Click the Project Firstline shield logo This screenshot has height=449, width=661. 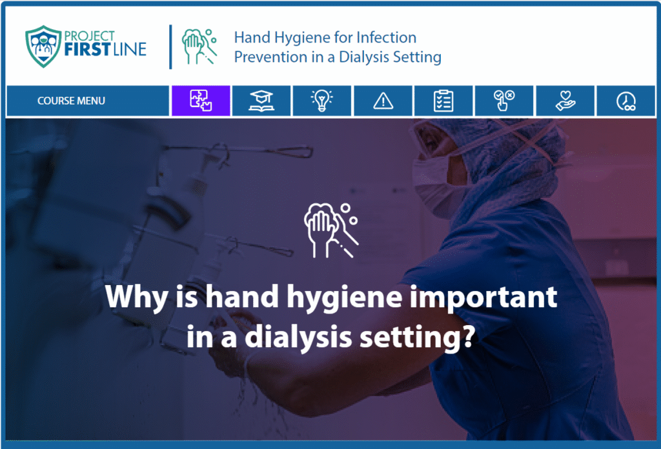coord(43,46)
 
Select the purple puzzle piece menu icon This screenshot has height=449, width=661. coord(201,101)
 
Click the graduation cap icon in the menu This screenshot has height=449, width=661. coord(261,101)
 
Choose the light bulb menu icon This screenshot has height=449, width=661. coord(322,101)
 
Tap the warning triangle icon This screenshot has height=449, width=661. coord(383,101)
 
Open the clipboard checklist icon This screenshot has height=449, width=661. coord(443,101)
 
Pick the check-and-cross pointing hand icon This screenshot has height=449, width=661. coord(504,101)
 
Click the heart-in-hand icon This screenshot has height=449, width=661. coord(565,101)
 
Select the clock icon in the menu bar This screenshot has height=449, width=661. coord(626,101)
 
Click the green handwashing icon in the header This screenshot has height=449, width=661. coord(199,46)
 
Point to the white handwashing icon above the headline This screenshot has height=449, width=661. coord(331,230)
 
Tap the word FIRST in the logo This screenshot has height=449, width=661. coord(87,49)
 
